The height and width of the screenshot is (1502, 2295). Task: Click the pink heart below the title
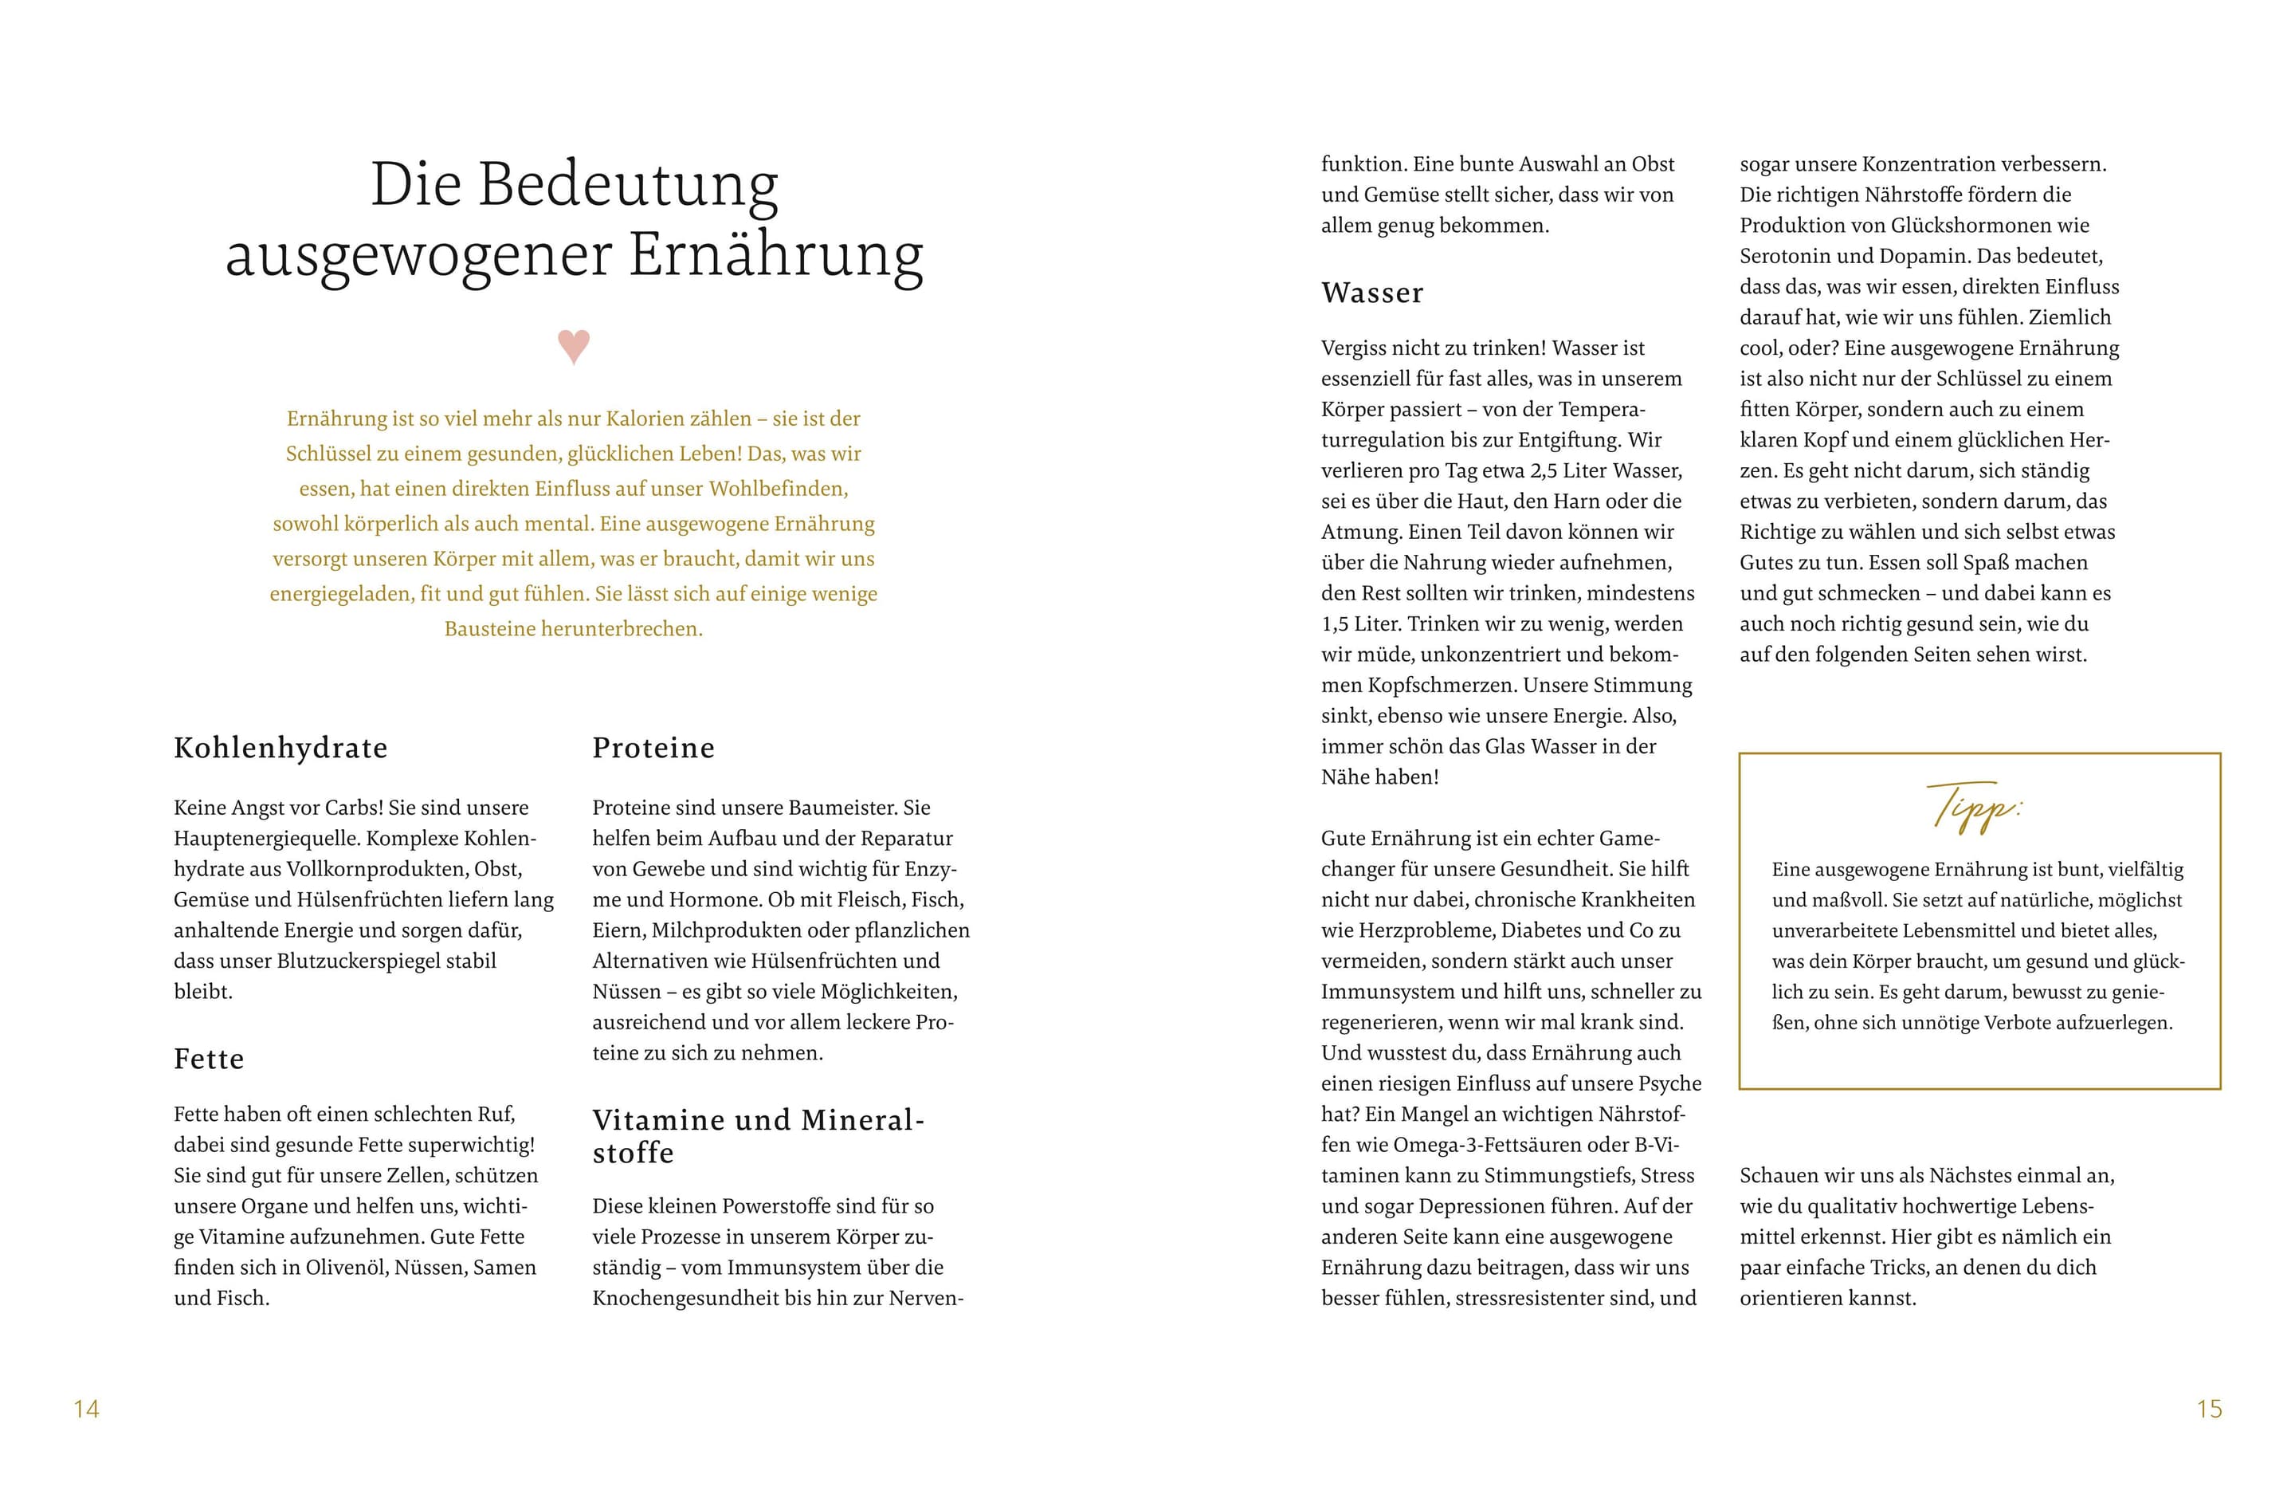(x=574, y=345)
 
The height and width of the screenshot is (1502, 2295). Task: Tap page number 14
(x=87, y=1410)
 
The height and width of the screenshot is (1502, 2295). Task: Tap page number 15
(x=2209, y=1410)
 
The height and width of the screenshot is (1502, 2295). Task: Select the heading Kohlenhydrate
(x=280, y=748)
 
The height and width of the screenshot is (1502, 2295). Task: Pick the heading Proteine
(x=653, y=748)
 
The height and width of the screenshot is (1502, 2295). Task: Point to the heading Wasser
(x=1372, y=293)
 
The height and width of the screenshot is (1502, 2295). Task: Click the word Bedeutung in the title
(x=628, y=184)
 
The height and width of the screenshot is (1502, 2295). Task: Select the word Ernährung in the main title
(x=776, y=256)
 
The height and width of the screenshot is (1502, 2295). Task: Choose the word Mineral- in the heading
(x=862, y=1120)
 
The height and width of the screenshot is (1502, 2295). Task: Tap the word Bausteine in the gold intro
(x=490, y=629)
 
